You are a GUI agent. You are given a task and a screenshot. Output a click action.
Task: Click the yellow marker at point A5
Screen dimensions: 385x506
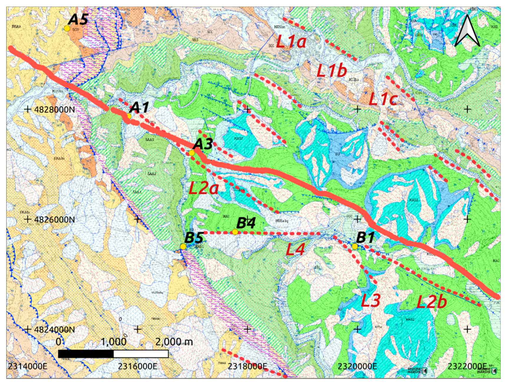click(x=67, y=29)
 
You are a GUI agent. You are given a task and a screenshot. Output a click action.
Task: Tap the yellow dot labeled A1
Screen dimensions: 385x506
click(x=129, y=116)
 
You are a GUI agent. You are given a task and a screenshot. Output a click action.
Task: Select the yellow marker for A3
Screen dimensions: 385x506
click(x=191, y=153)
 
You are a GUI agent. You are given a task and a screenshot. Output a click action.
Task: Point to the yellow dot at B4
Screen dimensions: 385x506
click(x=235, y=232)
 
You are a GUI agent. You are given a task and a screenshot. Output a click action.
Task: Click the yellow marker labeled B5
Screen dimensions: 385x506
click(x=183, y=247)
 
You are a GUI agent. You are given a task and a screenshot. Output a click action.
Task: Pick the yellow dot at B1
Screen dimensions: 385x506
click(x=355, y=246)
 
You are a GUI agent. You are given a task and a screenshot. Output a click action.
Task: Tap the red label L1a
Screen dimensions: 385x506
click(x=291, y=41)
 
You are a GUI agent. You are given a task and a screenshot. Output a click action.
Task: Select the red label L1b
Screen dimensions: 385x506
click(x=332, y=71)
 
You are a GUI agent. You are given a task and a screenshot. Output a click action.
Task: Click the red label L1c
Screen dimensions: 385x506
click(x=383, y=99)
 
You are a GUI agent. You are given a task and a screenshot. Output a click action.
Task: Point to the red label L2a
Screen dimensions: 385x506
click(x=204, y=188)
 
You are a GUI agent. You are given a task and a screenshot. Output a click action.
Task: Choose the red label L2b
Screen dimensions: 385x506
click(x=431, y=302)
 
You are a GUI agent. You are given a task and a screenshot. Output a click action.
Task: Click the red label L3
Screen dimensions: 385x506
click(x=371, y=300)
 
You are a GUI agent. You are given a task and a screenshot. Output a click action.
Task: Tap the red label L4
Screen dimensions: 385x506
click(x=295, y=249)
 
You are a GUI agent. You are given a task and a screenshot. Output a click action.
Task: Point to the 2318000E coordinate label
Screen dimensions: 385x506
click(x=247, y=366)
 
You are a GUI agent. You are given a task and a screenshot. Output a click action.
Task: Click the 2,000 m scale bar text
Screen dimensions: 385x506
click(x=174, y=342)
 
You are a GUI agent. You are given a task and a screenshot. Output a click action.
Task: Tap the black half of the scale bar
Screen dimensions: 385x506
click(x=86, y=354)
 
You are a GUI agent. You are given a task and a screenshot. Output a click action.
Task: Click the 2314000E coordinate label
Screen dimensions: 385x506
click(x=27, y=366)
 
